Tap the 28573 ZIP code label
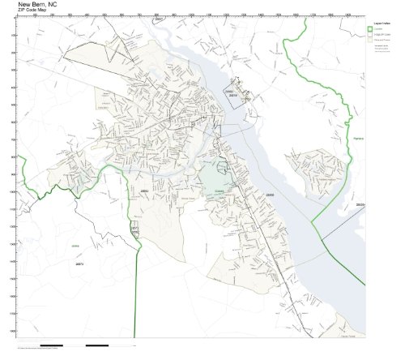pos(79,264)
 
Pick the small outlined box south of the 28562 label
pos(134,231)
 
